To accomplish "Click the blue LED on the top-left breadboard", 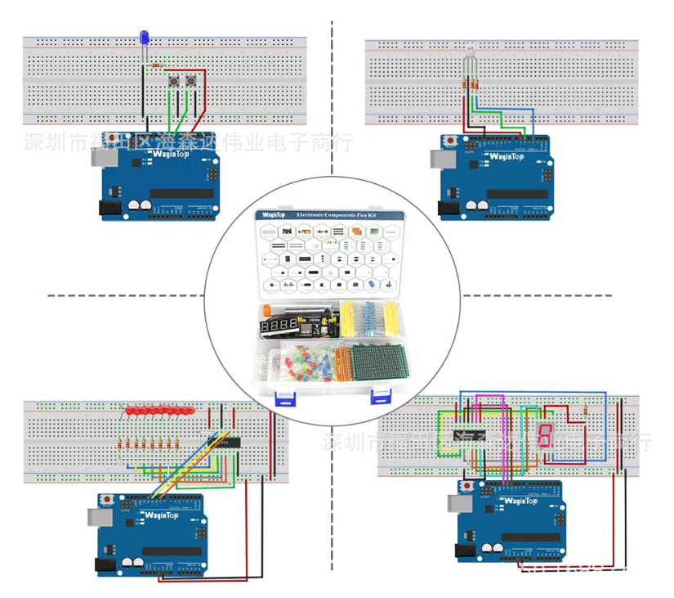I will click(x=144, y=38).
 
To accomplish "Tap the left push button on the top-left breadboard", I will click(x=173, y=82).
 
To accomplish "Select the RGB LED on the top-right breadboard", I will click(x=469, y=61).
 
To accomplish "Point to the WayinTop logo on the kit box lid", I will click(x=273, y=215).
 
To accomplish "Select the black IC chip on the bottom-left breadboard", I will click(x=224, y=442).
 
